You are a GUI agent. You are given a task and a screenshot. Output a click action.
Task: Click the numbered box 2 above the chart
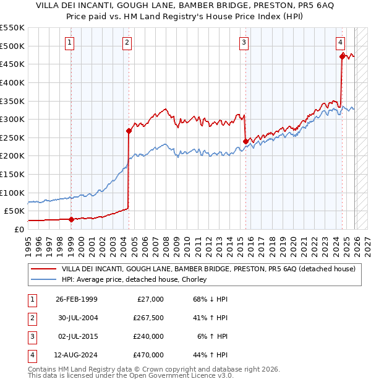pos(127,43)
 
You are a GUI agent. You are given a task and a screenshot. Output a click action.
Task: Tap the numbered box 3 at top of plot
pos(244,43)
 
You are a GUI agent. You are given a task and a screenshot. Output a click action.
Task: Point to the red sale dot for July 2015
pos(245,141)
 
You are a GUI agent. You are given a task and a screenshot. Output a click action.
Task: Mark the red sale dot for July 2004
pos(129,131)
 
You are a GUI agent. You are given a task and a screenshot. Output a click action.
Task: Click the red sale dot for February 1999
pos(71,219)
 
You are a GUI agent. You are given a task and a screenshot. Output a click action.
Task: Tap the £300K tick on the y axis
pos(12,119)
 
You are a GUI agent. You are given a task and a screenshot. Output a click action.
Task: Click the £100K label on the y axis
pos(12,192)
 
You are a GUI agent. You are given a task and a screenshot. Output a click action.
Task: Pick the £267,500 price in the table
pos(148,318)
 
